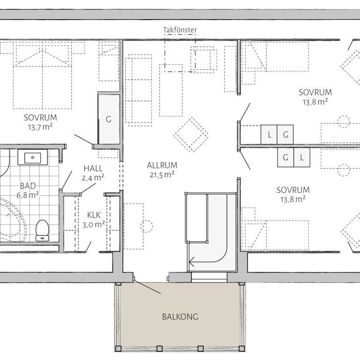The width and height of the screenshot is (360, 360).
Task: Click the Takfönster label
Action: click(x=180, y=30)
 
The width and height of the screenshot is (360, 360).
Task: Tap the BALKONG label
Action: click(x=180, y=317)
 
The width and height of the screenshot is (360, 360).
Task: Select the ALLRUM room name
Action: click(x=162, y=165)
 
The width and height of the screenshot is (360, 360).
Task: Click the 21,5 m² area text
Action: click(x=162, y=175)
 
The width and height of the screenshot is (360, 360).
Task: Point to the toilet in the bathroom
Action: click(x=42, y=230)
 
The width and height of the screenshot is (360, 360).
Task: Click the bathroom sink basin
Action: click(x=33, y=158)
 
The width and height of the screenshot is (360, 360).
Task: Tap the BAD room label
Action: click(x=28, y=186)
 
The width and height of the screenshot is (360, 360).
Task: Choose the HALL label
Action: click(x=93, y=168)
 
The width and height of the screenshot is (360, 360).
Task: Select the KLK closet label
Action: click(x=94, y=215)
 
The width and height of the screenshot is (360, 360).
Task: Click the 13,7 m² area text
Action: click(x=40, y=127)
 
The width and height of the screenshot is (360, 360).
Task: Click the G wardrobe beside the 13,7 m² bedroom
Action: click(x=109, y=119)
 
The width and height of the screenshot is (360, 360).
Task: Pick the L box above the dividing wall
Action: click(x=269, y=135)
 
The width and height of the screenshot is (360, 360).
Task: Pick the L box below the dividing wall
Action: click(x=302, y=157)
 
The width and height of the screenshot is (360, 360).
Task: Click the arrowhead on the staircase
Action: click(x=191, y=262)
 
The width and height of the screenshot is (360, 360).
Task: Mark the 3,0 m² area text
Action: click(x=94, y=225)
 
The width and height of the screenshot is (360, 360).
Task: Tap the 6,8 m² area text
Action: click(x=28, y=195)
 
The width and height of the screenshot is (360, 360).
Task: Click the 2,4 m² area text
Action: click(x=93, y=178)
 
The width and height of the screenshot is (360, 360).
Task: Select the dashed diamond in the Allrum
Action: click(x=191, y=135)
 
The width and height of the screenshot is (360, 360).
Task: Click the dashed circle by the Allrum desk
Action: click(x=146, y=226)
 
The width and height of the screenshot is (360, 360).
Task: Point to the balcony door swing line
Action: click(x=147, y=287)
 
